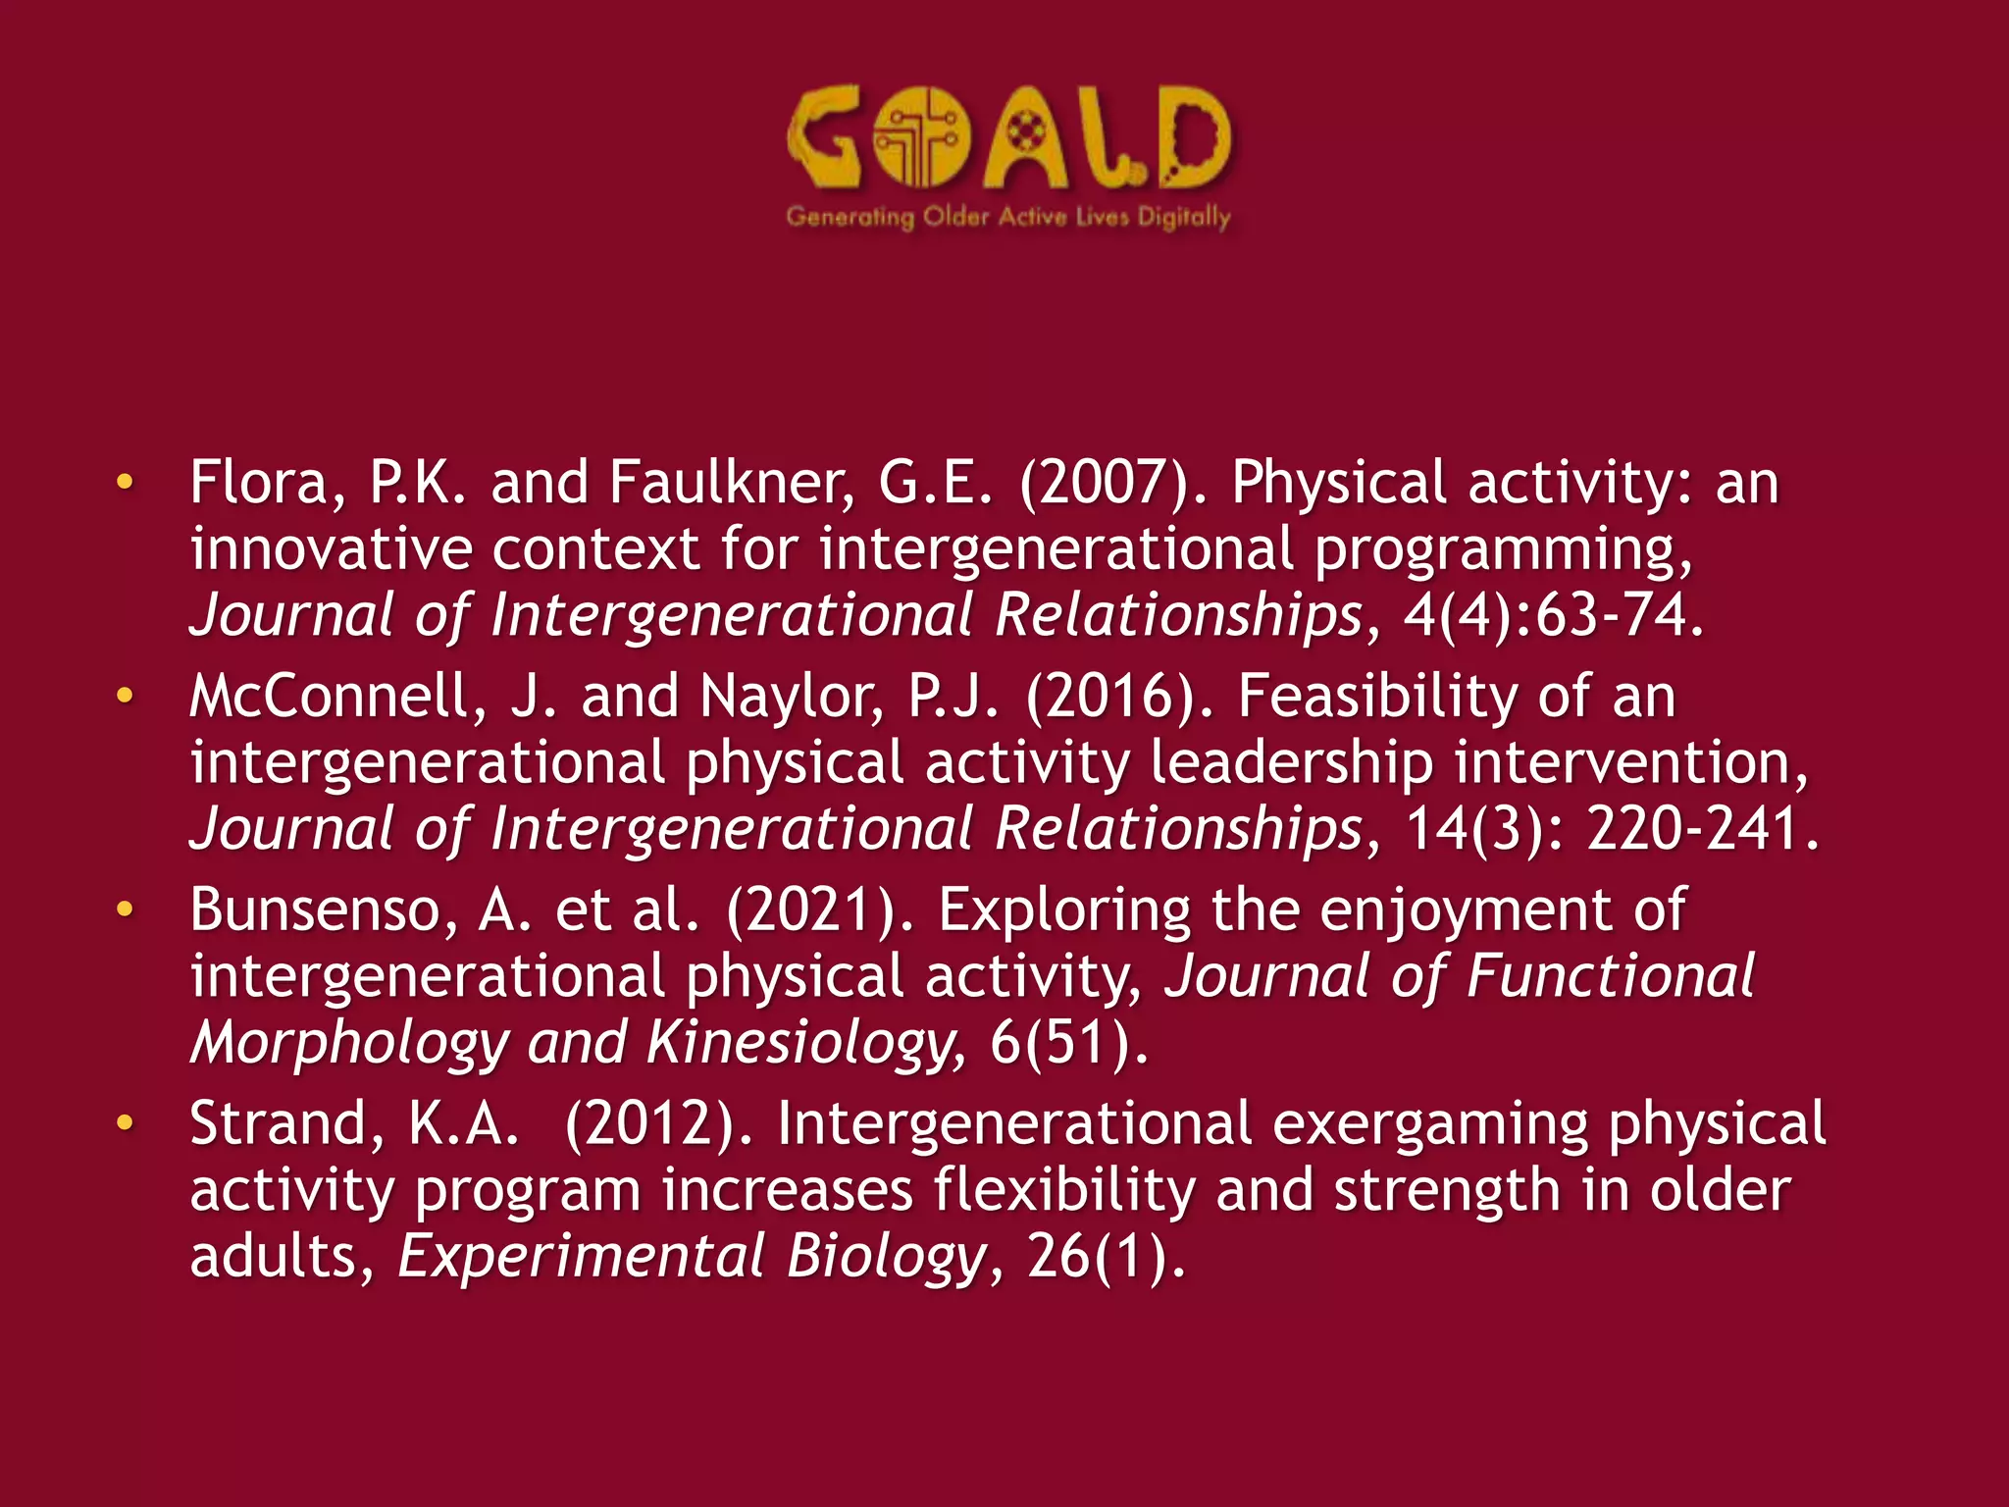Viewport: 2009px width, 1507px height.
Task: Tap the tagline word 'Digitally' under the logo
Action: pos(1183,217)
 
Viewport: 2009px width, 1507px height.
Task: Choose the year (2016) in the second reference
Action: pos(1117,697)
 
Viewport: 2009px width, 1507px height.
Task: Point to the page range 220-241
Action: pos(1702,829)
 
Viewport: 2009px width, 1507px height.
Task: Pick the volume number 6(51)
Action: pos(1067,1043)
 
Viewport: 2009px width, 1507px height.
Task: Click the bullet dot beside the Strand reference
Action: pos(124,1122)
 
